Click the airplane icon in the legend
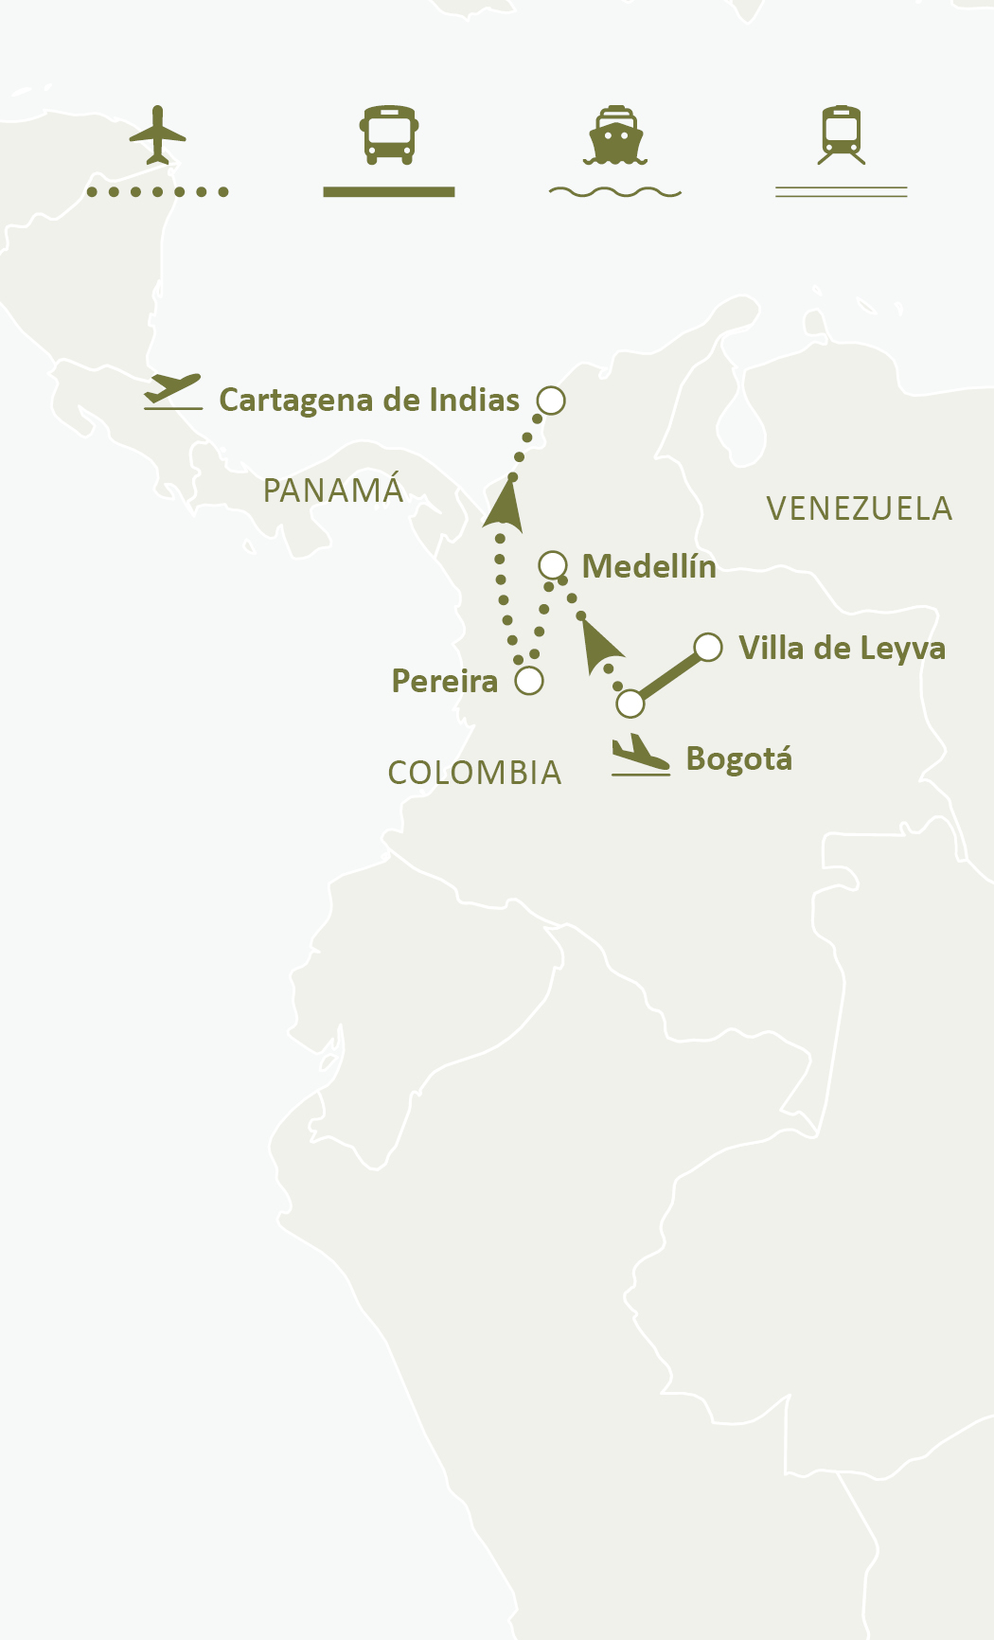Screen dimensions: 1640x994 tap(158, 134)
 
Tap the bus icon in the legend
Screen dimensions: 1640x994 tap(389, 134)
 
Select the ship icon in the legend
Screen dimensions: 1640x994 tap(615, 134)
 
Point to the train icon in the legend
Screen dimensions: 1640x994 tap(842, 134)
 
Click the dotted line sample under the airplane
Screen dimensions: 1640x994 tap(158, 192)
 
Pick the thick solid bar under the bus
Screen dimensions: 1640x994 tap(389, 192)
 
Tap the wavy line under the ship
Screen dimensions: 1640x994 tap(615, 192)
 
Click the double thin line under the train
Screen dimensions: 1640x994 tap(842, 192)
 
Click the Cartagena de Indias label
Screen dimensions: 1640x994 tap(369, 401)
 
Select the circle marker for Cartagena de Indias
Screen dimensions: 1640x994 tap(551, 401)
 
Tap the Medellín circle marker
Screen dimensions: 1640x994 tap(553, 565)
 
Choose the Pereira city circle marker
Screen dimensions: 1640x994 tap(529, 681)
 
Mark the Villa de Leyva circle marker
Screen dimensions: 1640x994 tap(708, 647)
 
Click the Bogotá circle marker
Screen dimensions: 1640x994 tap(630, 704)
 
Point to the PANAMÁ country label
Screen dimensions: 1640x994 tap(333, 490)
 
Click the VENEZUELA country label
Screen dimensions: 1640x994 tap(859, 509)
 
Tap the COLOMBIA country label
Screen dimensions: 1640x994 tap(474, 773)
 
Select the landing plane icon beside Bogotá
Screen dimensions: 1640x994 tap(641, 756)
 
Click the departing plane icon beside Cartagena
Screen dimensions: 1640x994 tap(173, 391)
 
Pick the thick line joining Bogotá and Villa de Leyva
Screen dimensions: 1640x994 tap(669, 675)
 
